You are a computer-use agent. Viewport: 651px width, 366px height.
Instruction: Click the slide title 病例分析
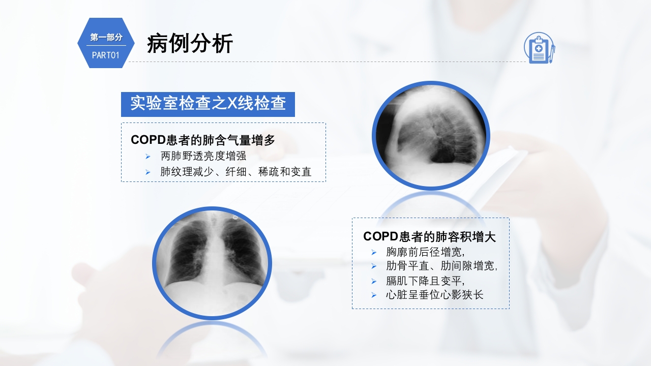190,44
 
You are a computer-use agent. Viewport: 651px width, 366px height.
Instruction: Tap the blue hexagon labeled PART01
106,43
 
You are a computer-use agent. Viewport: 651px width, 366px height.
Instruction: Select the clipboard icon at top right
539,48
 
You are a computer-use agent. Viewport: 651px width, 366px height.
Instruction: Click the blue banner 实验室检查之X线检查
208,104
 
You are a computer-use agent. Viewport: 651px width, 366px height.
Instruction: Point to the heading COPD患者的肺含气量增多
202,140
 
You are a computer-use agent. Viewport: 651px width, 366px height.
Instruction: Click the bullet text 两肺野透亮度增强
203,156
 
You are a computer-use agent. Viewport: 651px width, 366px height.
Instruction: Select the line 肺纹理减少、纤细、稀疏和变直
235,172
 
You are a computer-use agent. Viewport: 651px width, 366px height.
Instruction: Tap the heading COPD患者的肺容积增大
429,236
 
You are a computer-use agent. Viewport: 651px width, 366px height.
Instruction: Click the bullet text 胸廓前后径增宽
426,252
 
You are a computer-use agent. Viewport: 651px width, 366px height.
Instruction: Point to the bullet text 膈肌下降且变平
426,281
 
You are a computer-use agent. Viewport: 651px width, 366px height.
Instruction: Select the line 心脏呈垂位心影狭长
434,295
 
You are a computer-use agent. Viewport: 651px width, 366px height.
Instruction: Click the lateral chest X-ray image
431,136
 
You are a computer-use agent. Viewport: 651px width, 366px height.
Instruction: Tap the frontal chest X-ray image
212,263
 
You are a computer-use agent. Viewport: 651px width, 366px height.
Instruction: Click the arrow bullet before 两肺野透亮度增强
148,157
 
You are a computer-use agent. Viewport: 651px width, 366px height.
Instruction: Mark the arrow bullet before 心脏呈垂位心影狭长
374,295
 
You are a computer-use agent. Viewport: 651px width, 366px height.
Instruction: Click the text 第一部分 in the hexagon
106,37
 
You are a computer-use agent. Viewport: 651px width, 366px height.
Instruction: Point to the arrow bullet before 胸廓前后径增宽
374,252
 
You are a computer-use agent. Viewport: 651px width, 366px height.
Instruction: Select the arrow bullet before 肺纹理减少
148,172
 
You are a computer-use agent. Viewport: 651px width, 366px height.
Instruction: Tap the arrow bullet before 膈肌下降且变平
374,281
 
